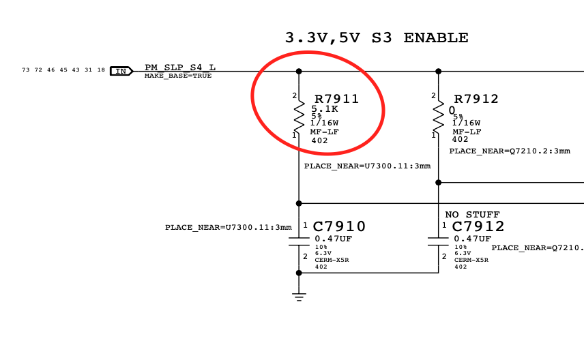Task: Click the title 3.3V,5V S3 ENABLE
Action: click(377, 37)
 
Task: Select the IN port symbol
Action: click(121, 70)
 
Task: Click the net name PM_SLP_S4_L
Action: click(179, 67)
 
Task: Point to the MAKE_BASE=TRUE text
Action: click(178, 76)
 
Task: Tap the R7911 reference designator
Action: click(336, 99)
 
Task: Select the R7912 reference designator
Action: click(476, 99)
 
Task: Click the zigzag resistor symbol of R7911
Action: click(299, 116)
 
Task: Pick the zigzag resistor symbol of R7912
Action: click(438, 116)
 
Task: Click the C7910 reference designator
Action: click(340, 226)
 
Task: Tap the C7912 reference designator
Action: click(478, 226)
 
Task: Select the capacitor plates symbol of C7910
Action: click(299, 241)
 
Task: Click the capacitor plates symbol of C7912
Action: click(438, 241)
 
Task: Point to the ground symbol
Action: click(299, 296)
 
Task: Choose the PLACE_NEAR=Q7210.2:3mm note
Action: click(509, 151)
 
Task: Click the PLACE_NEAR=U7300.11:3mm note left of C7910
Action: click(228, 227)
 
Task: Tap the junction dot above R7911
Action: click(299, 71)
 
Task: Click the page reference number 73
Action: click(26, 70)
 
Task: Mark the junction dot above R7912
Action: click(438, 71)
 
